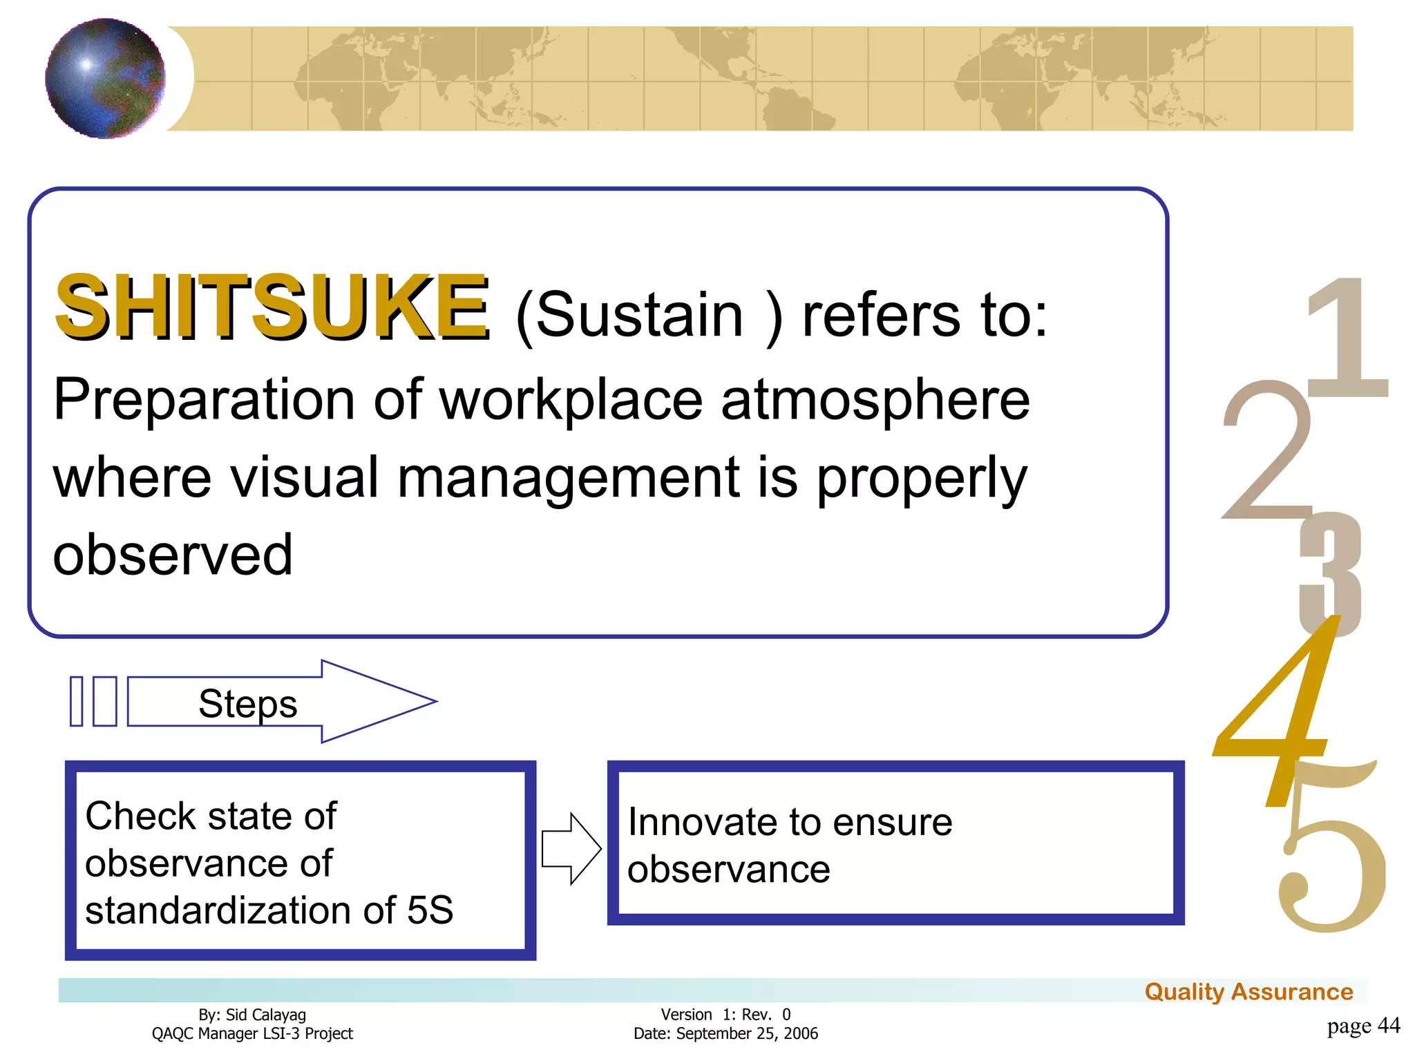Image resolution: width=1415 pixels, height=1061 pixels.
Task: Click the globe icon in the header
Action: point(105,78)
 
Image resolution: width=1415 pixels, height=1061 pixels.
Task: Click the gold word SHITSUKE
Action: point(272,307)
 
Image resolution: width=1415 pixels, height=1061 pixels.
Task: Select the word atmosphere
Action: point(875,400)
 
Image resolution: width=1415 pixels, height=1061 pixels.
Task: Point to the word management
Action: point(568,478)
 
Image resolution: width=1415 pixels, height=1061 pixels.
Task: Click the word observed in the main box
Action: point(173,555)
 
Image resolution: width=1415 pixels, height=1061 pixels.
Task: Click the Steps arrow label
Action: point(247,703)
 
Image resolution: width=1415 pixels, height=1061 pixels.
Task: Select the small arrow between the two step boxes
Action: point(570,848)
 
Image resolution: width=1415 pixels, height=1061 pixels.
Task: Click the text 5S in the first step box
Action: point(430,910)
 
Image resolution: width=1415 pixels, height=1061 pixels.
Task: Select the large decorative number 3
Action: point(1331,573)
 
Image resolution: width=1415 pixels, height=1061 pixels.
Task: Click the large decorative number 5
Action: point(1330,863)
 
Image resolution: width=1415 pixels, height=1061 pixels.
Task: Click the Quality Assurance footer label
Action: point(1248,992)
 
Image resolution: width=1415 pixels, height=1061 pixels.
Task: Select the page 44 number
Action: point(1363,1026)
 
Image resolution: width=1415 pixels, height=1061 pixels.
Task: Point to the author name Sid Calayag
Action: point(265,1015)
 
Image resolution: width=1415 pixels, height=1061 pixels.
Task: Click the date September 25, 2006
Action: point(746,1033)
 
